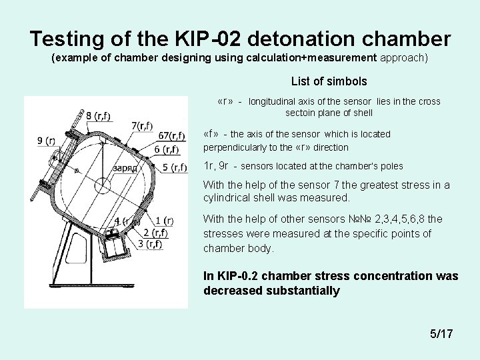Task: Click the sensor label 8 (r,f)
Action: tap(99, 117)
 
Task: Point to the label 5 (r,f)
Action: tap(174, 167)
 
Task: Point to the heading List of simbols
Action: tap(329, 81)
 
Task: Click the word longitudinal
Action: tap(274, 102)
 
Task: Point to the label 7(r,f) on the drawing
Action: tap(142, 125)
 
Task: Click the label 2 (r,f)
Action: tap(155, 233)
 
